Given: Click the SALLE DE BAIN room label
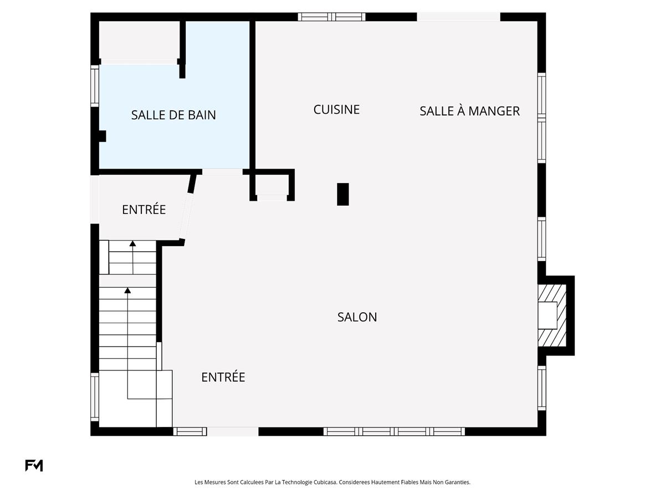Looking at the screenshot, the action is coord(173,115).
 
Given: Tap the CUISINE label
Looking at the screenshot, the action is coord(336,109).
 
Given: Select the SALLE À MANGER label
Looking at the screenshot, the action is coord(469,111).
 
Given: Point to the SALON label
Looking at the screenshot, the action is coord(357,317).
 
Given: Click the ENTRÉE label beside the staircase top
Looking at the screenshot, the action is coord(144,210).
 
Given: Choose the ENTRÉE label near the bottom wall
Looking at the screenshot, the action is coord(223,377).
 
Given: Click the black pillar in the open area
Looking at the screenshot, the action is coord(342,194).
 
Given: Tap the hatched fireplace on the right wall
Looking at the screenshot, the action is coord(552,315).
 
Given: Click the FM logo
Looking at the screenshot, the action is coord(34,465).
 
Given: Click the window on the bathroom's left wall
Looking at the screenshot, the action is coord(95,86).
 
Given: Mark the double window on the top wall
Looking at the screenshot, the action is coord(331,17).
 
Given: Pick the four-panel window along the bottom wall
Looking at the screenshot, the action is coord(394,431).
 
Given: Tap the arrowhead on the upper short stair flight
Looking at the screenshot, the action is coord(132,243).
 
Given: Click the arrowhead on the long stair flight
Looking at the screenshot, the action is coord(127,290).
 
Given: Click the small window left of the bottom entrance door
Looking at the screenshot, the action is coord(190,431).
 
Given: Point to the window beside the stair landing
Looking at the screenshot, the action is coord(95,396).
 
